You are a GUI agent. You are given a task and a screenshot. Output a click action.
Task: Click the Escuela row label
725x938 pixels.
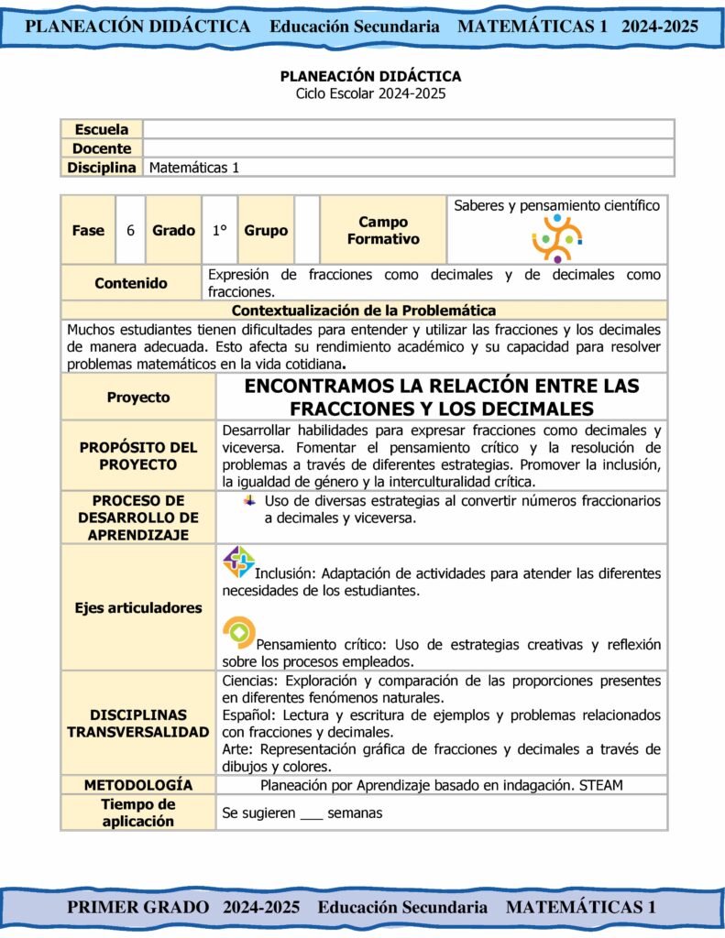[101, 129]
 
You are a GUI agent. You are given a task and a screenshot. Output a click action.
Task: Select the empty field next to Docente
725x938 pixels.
[408, 148]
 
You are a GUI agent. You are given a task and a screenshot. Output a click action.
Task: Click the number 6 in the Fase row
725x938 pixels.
[130, 231]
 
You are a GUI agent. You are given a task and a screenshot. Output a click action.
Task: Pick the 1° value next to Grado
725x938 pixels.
[219, 231]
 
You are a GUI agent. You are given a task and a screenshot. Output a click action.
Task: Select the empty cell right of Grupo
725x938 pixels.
[307, 231]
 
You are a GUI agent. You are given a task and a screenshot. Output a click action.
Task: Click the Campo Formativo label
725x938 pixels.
[383, 231]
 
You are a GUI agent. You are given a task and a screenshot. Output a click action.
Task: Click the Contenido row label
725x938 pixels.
[131, 283]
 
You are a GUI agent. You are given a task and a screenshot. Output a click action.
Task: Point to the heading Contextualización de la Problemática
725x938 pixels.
[364, 311]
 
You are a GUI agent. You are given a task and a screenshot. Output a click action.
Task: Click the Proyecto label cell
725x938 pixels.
[138, 398]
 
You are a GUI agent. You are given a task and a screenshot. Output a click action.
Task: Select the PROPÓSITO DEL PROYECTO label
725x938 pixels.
[138, 456]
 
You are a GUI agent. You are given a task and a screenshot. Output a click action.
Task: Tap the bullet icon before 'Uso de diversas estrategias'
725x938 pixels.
[249, 500]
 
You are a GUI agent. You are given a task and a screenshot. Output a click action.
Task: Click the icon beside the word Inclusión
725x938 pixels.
[238, 562]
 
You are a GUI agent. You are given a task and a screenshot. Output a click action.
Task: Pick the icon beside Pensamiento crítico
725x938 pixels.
[238, 632]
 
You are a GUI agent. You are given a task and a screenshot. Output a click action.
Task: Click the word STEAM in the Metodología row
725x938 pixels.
[601, 785]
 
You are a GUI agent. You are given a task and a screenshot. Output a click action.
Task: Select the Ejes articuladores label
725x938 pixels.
[138, 608]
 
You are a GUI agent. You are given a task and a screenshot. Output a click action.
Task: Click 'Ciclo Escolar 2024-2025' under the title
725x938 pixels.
[370, 93]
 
